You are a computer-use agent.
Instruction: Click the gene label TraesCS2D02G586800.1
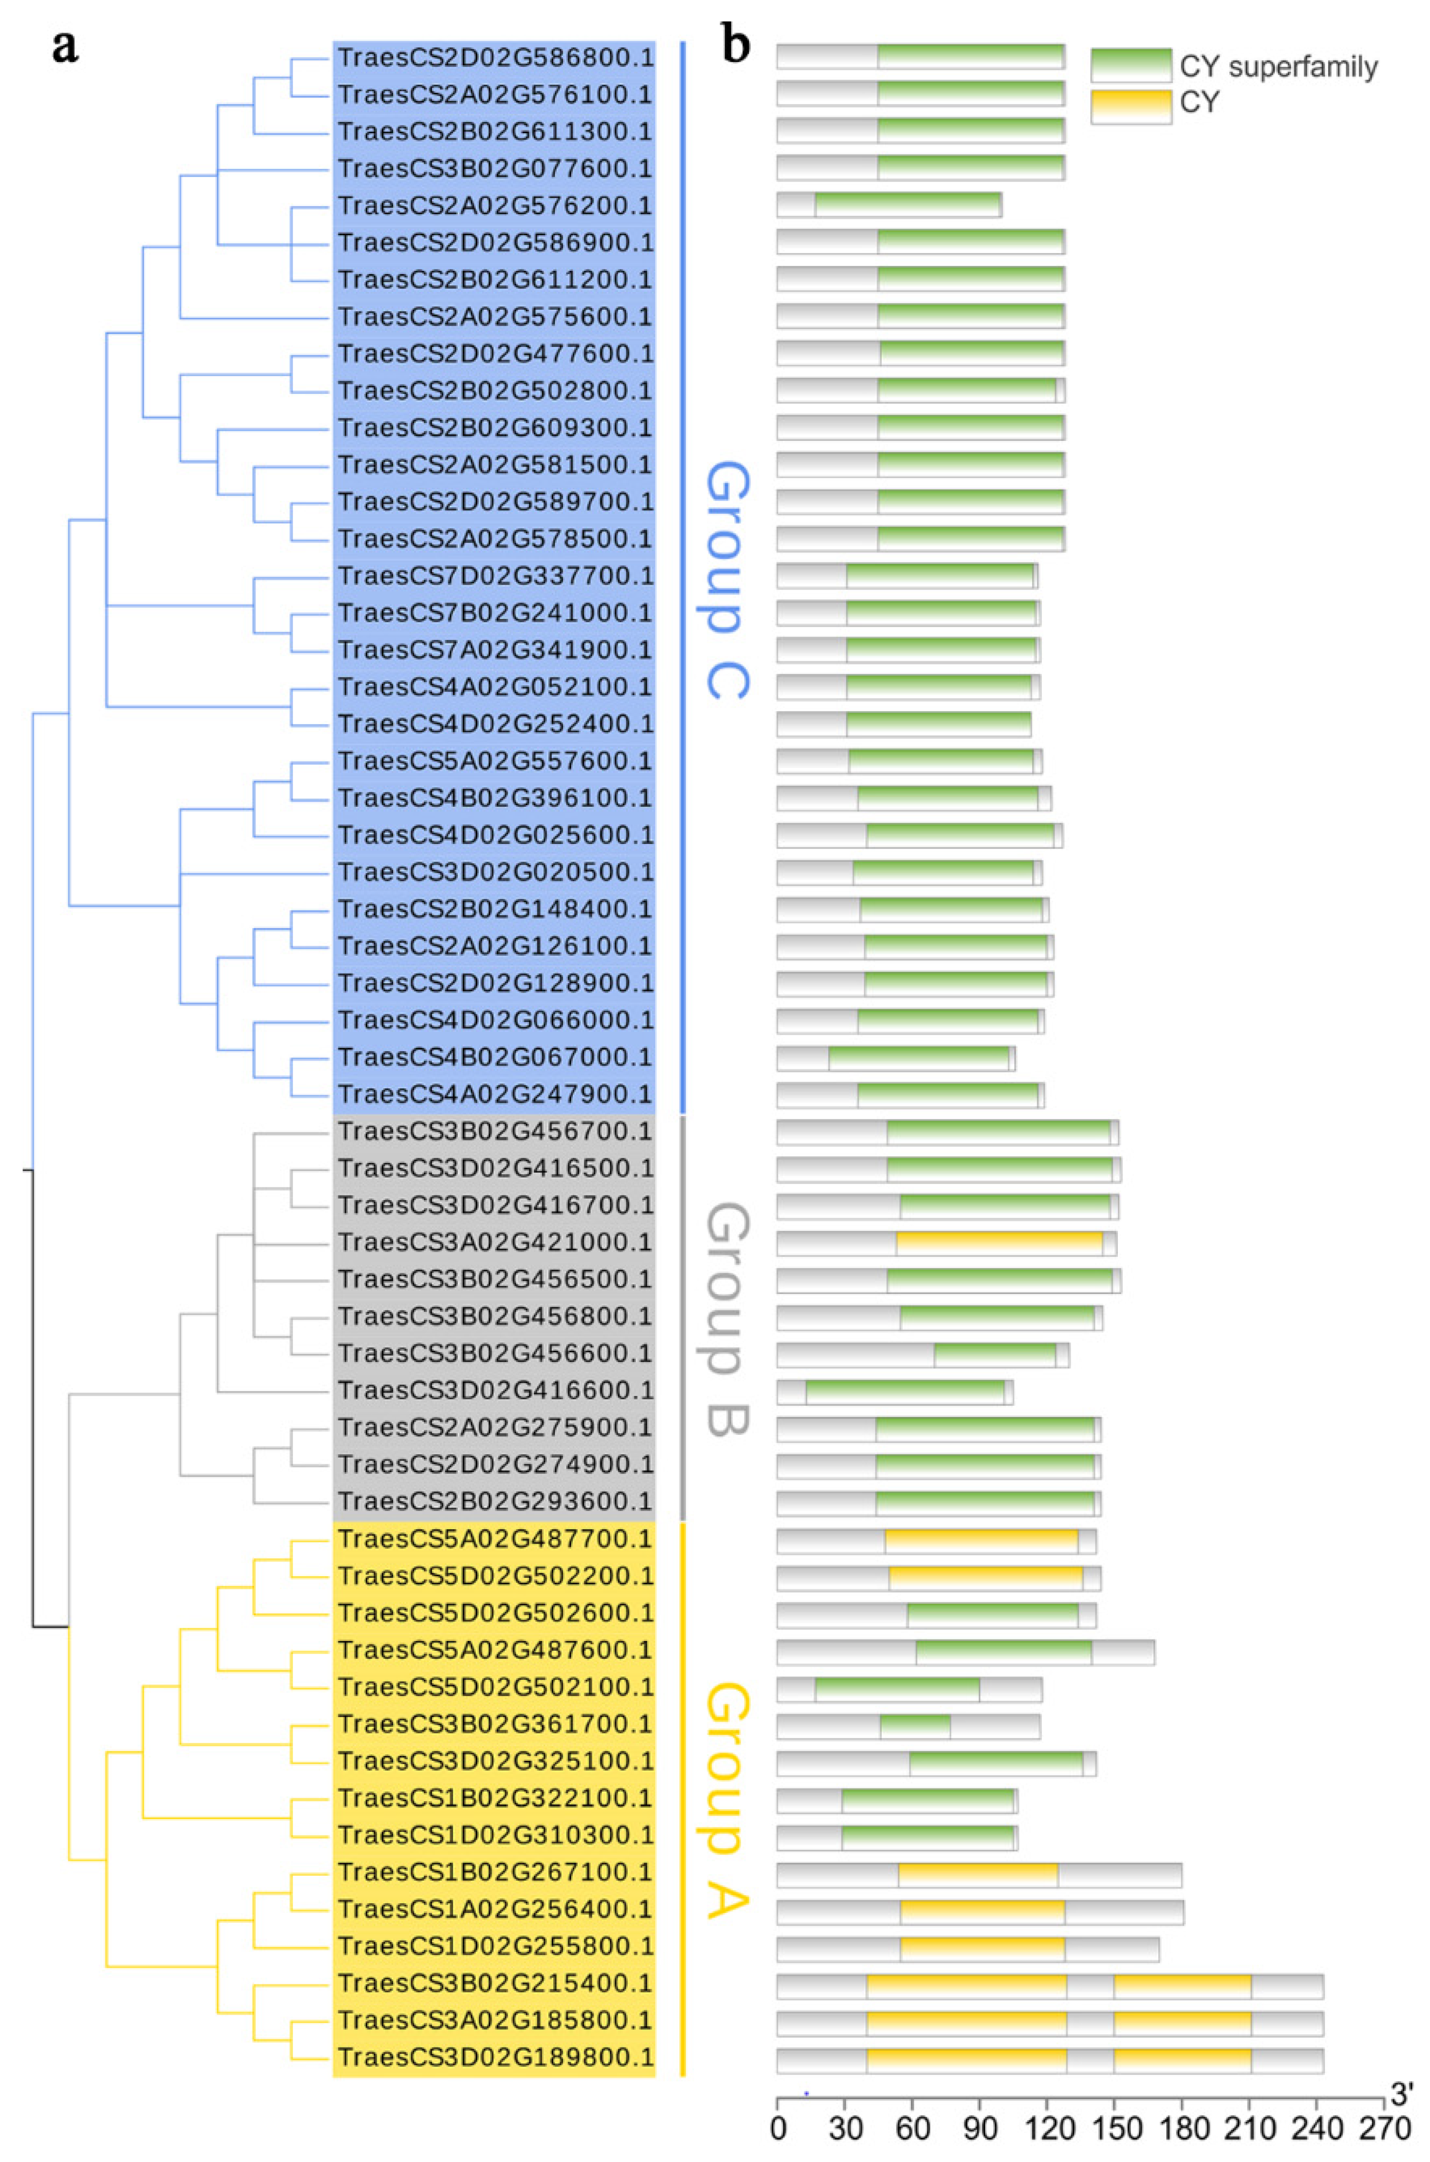495,58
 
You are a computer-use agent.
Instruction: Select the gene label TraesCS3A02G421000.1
495,1241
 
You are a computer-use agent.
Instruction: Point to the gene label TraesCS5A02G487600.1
495,1650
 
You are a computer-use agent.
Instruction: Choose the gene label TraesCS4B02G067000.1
495,1056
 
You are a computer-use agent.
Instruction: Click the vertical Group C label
728,580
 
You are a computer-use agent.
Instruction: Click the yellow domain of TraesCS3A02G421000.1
999,1242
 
